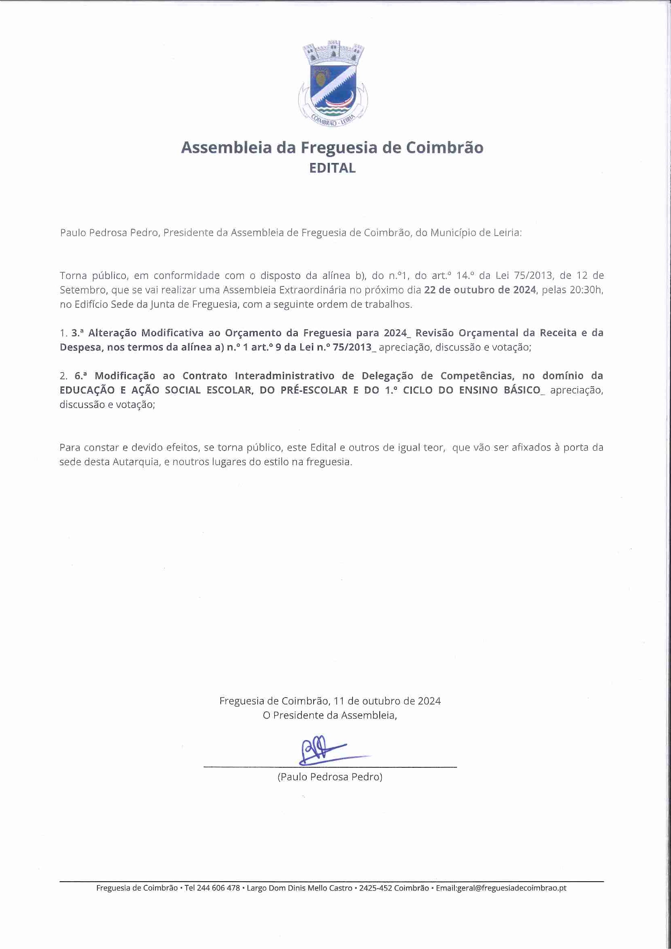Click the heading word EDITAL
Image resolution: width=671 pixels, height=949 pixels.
click(332, 168)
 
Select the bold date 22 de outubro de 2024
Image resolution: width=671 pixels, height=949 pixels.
click(480, 290)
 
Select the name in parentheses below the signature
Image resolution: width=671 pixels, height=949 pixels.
click(330, 777)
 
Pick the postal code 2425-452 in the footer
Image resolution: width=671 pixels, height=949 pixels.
click(375, 888)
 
